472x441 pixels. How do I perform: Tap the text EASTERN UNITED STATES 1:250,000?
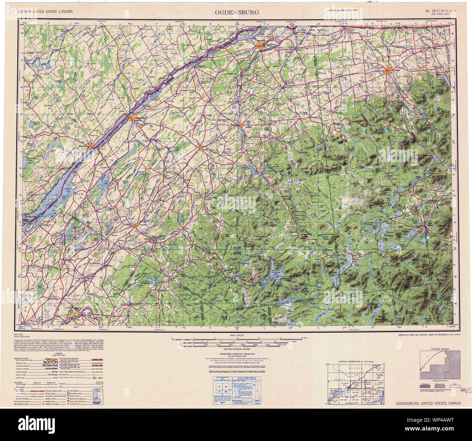[45, 12]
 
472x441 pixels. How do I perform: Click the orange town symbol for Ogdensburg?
[134, 117]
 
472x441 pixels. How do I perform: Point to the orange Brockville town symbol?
[91, 145]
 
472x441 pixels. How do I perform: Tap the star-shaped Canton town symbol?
[200, 147]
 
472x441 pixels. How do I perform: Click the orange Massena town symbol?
[260, 45]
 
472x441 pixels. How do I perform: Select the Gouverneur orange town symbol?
[137, 225]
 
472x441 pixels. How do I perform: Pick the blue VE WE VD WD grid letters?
[237, 250]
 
